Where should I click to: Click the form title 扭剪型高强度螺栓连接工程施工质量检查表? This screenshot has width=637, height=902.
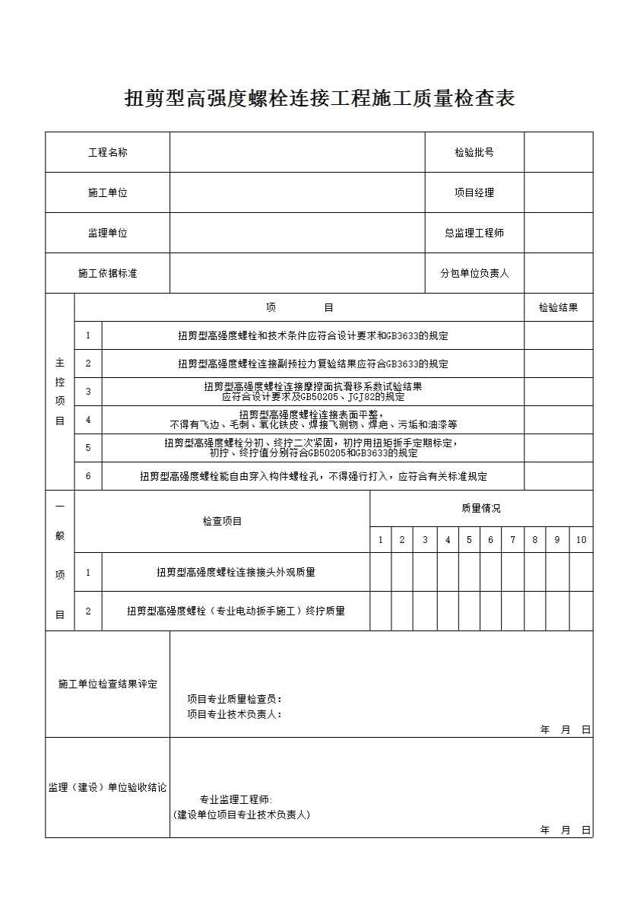click(x=319, y=99)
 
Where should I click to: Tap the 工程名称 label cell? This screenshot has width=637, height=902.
click(x=107, y=152)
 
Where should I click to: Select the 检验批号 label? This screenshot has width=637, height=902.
click(x=474, y=152)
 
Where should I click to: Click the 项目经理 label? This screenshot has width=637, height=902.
click(x=474, y=192)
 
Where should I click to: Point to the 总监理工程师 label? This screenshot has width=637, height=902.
click(x=474, y=233)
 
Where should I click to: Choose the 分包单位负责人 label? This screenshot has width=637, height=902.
click(x=474, y=273)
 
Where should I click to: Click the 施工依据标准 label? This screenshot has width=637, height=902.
click(x=107, y=273)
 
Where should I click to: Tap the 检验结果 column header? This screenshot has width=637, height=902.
click(x=558, y=307)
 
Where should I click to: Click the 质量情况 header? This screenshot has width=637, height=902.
click(x=480, y=508)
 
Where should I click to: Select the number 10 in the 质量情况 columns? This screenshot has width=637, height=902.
click(x=581, y=540)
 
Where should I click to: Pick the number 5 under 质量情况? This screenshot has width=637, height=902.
click(x=469, y=540)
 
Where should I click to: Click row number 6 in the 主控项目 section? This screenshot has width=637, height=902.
click(x=88, y=476)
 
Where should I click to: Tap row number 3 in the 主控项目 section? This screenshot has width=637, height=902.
click(x=88, y=392)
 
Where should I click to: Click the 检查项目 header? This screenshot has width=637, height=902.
click(x=222, y=522)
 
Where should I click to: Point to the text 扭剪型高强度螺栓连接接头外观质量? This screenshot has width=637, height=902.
click(x=236, y=572)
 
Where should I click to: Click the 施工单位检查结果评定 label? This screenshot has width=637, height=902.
click(x=107, y=684)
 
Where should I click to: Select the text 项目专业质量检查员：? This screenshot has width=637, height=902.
click(x=235, y=699)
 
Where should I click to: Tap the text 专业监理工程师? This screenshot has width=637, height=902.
click(x=235, y=799)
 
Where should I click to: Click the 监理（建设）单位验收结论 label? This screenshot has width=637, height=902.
click(x=107, y=788)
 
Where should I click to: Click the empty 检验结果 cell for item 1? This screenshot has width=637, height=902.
click(x=558, y=335)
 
